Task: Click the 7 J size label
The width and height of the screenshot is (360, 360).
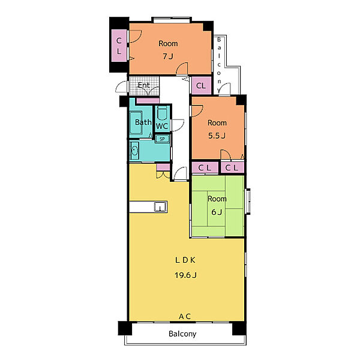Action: tap(168, 56)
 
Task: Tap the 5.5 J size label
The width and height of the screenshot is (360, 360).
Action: tap(217, 136)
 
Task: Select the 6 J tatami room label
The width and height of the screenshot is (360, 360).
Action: tap(217, 212)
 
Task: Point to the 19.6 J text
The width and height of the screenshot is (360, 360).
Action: tap(185, 275)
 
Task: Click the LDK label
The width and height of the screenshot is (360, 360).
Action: tap(185, 260)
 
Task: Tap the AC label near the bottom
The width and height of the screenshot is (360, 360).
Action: tap(185, 317)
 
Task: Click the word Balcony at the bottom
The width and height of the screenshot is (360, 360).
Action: tap(182, 334)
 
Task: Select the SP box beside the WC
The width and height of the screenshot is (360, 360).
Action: tap(163, 139)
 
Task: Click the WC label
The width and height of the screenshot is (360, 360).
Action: tap(162, 126)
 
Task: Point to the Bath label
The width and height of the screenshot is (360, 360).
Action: tap(143, 122)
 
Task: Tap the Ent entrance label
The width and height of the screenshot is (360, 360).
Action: tap(144, 85)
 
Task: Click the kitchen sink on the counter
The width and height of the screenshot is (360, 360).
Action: tap(160, 207)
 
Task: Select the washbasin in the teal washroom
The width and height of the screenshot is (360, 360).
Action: tap(134, 151)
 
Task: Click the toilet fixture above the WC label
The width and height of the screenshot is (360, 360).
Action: tap(163, 113)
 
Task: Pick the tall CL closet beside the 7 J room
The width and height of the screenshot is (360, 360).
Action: tap(119, 46)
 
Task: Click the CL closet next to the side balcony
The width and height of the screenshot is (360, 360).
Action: tap(201, 86)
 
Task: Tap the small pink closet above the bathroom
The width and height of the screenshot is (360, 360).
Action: tap(148, 101)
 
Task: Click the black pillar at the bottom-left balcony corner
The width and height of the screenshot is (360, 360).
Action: tap(125, 328)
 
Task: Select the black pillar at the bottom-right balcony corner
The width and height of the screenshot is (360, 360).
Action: tap(239, 328)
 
